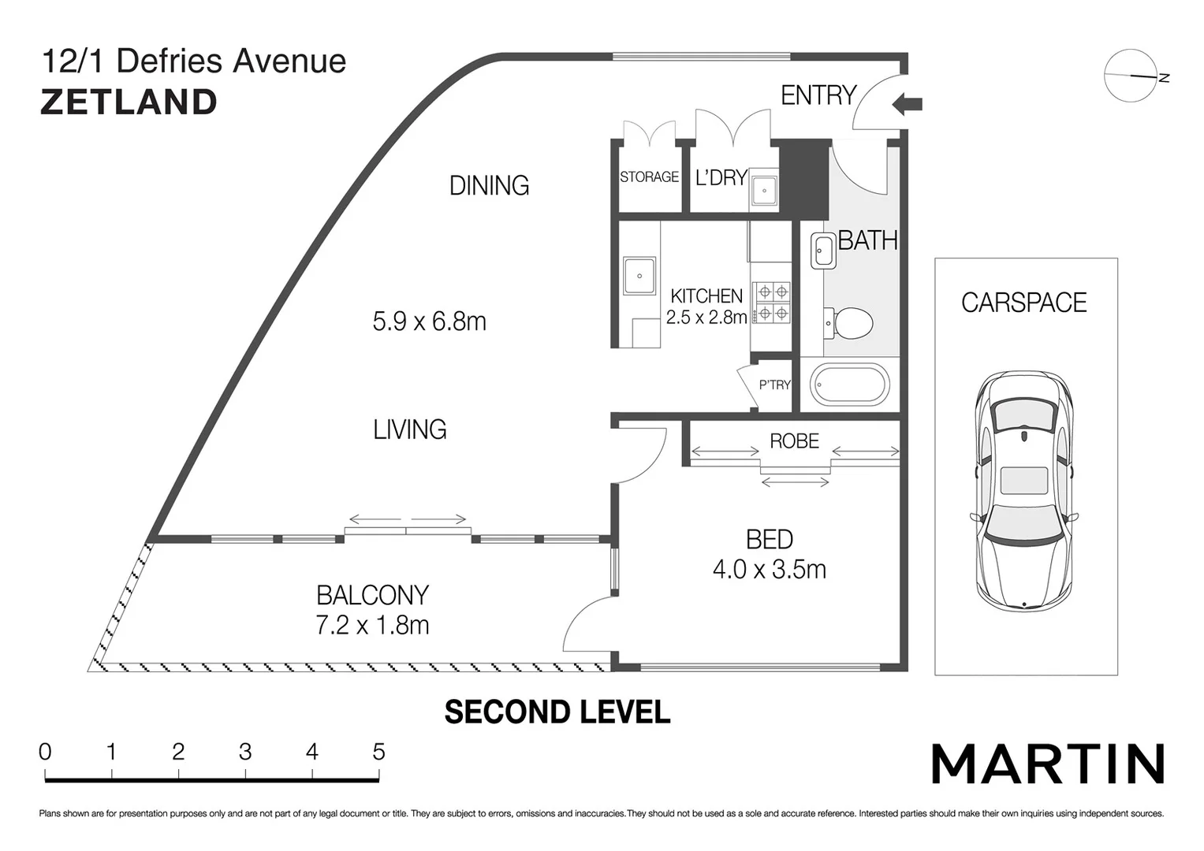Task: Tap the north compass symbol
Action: point(1131,76)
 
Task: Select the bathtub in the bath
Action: point(849,385)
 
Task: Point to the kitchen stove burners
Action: point(772,303)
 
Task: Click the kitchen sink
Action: point(639,276)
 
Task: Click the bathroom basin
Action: point(823,251)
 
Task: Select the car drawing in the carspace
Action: point(1024,489)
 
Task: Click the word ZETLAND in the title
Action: point(129,102)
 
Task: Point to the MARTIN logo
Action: point(1048,764)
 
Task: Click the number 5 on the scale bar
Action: point(378,753)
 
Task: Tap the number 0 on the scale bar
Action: point(45,753)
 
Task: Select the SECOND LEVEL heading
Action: point(557,712)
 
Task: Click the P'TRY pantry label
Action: point(774,385)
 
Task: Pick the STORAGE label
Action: point(649,177)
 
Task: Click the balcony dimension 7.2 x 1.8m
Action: point(372,626)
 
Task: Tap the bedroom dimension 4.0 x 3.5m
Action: point(769,569)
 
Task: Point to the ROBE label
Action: point(794,441)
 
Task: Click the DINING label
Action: point(489,186)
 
